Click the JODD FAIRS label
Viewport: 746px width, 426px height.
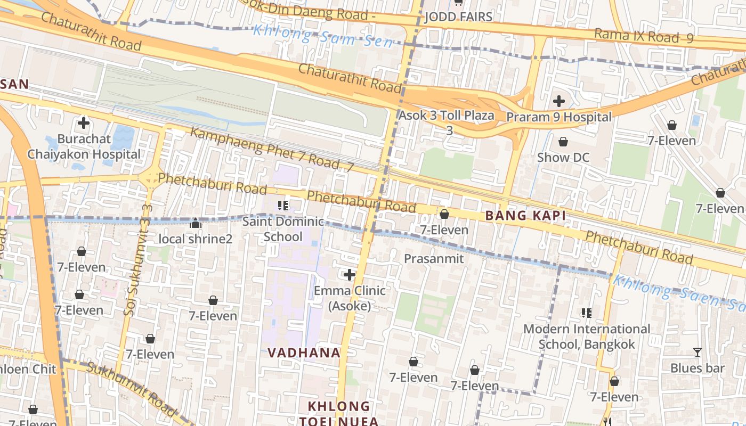[x=458, y=17]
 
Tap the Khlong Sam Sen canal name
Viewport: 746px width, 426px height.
[x=323, y=36]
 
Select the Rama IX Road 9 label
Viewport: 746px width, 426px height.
[x=644, y=36]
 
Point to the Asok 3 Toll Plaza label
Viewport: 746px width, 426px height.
[x=447, y=116]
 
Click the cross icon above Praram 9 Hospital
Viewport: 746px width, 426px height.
[x=558, y=101]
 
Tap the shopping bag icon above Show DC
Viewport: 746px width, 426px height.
[x=563, y=142]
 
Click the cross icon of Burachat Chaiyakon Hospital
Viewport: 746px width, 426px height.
[x=84, y=123]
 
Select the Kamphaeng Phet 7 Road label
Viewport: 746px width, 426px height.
[x=272, y=149]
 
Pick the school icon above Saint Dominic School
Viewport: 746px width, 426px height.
[x=283, y=205]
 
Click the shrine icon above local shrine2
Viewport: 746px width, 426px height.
[x=195, y=223]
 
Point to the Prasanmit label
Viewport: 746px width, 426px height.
[x=434, y=259]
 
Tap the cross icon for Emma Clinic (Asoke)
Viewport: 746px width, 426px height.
[x=350, y=275]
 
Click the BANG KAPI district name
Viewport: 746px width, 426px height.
[x=525, y=216]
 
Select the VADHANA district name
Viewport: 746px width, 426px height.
[x=304, y=353]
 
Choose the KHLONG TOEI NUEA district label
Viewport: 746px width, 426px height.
[x=339, y=413]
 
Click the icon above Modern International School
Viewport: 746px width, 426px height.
[x=586, y=313]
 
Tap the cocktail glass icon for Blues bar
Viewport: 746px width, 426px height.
[x=697, y=352]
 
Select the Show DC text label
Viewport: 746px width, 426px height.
[x=563, y=158]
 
